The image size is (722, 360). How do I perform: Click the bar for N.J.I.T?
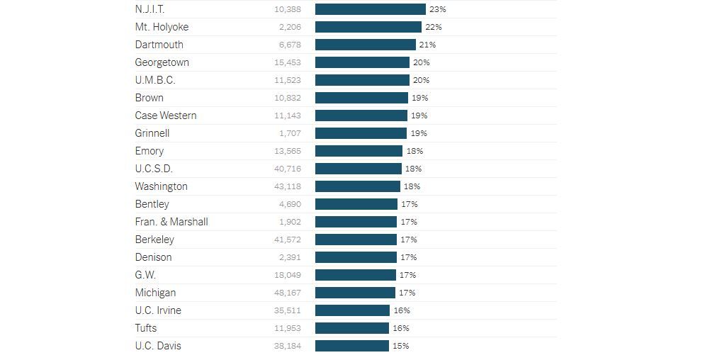[x=370, y=9]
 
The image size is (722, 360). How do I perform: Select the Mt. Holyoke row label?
[x=162, y=27]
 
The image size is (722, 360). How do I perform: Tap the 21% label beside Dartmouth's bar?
[x=427, y=45]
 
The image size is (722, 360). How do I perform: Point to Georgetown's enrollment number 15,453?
[x=288, y=62]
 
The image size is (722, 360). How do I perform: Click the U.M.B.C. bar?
[x=362, y=80]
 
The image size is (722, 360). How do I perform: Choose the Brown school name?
[x=149, y=98]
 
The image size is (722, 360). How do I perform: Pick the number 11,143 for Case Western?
[x=288, y=116]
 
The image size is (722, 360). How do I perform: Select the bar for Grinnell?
[x=361, y=133]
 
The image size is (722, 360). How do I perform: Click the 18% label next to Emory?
[x=414, y=151]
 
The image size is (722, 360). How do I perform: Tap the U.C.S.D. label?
[x=154, y=169]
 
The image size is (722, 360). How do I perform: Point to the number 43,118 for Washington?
[x=288, y=186]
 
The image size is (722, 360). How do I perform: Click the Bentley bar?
[x=356, y=204]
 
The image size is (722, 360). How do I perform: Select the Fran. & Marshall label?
[x=171, y=222]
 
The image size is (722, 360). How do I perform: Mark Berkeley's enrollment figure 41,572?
[x=288, y=240]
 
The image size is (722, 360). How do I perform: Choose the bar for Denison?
[x=356, y=257]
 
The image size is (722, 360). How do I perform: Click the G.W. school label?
[x=145, y=275]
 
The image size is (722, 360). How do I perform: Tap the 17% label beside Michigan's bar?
[x=407, y=293]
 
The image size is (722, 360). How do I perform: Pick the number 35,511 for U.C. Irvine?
[x=288, y=310]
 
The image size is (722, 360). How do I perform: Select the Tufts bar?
[x=352, y=328]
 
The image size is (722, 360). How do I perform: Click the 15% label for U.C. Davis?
[x=400, y=346]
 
